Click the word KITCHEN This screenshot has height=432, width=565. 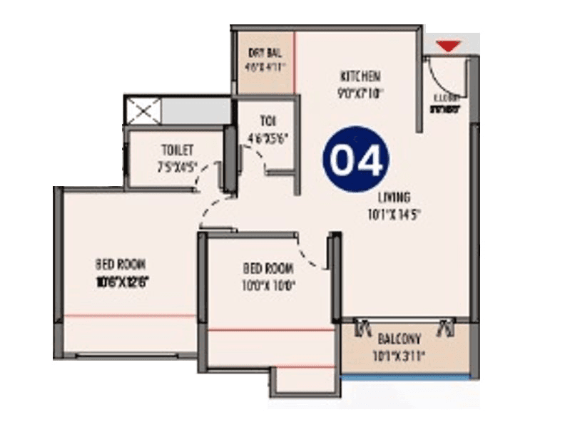pos(360,76)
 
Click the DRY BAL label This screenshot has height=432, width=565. pos(262,52)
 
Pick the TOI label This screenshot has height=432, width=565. pos(268,120)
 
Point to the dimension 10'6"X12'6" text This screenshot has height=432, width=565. pos(123,279)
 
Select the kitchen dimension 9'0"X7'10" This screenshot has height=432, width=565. pos(362,91)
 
